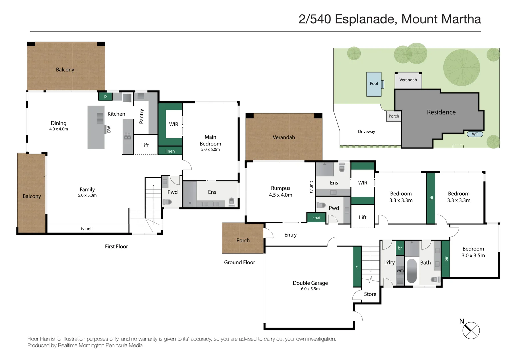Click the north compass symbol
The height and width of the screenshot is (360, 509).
[x=471, y=330]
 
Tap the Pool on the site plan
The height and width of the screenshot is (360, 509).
[x=374, y=84]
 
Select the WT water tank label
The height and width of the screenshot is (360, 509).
[x=475, y=134]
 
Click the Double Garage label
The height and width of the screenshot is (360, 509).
[x=310, y=283]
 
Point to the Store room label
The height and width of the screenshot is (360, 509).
[x=370, y=294]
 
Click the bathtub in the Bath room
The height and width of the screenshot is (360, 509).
[x=412, y=271]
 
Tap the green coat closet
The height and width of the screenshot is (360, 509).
[x=316, y=218]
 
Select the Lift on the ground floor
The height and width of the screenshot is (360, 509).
[x=363, y=217]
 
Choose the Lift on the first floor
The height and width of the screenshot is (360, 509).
[x=145, y=145]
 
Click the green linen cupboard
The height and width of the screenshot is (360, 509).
[x=170, y=151]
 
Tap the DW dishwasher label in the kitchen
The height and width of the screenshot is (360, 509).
[x=109, y=129]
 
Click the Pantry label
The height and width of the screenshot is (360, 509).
[x=141, y=116]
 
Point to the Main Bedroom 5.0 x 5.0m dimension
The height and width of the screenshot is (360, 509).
[x=210, y=150]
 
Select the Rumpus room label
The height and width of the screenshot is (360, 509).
[x=280, y=188]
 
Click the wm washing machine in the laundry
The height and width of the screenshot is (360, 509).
[x=400, y=270]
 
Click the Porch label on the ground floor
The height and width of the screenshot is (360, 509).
[x=243, y=240]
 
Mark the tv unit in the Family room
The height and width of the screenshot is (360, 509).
[x=87, y=229]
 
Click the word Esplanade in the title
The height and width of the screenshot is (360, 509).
[x=366, y=19]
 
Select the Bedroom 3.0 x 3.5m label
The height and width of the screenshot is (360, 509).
[x=473, y=252]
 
